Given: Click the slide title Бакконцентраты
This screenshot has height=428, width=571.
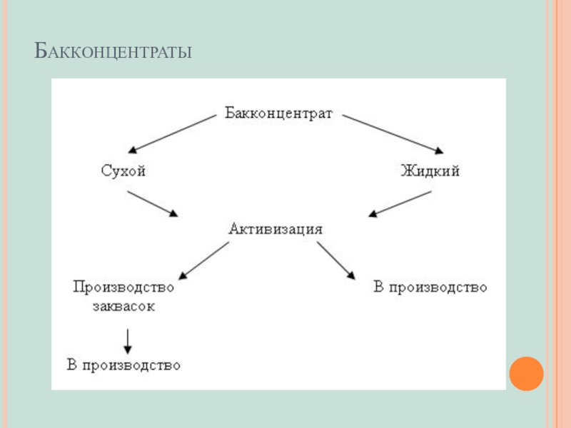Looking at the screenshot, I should coord(113,52).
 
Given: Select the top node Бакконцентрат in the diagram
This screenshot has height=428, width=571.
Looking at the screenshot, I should coord(279,113).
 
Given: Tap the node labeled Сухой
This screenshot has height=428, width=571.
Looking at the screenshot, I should coord(123,171).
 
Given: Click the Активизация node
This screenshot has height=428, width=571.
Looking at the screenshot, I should coord(276,229).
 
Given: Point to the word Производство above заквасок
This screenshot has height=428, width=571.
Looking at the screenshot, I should coord(123,287).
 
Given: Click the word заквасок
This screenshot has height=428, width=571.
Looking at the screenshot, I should coord(123,306).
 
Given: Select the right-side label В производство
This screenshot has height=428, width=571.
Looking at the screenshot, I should coord(430,287).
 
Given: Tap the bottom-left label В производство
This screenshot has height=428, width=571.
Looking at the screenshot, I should coord(123,365).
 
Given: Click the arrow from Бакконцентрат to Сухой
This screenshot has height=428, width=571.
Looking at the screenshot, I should coord(171,134).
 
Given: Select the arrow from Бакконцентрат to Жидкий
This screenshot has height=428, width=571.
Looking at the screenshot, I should coord(393,134).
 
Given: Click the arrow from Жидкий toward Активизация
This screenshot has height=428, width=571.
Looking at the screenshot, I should coord(400,203).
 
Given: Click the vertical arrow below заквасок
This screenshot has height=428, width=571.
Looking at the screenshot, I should coord(128,340).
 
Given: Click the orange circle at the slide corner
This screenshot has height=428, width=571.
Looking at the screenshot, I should coord(526,374).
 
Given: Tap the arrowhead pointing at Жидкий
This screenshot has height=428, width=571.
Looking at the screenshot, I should coord(437,150).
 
